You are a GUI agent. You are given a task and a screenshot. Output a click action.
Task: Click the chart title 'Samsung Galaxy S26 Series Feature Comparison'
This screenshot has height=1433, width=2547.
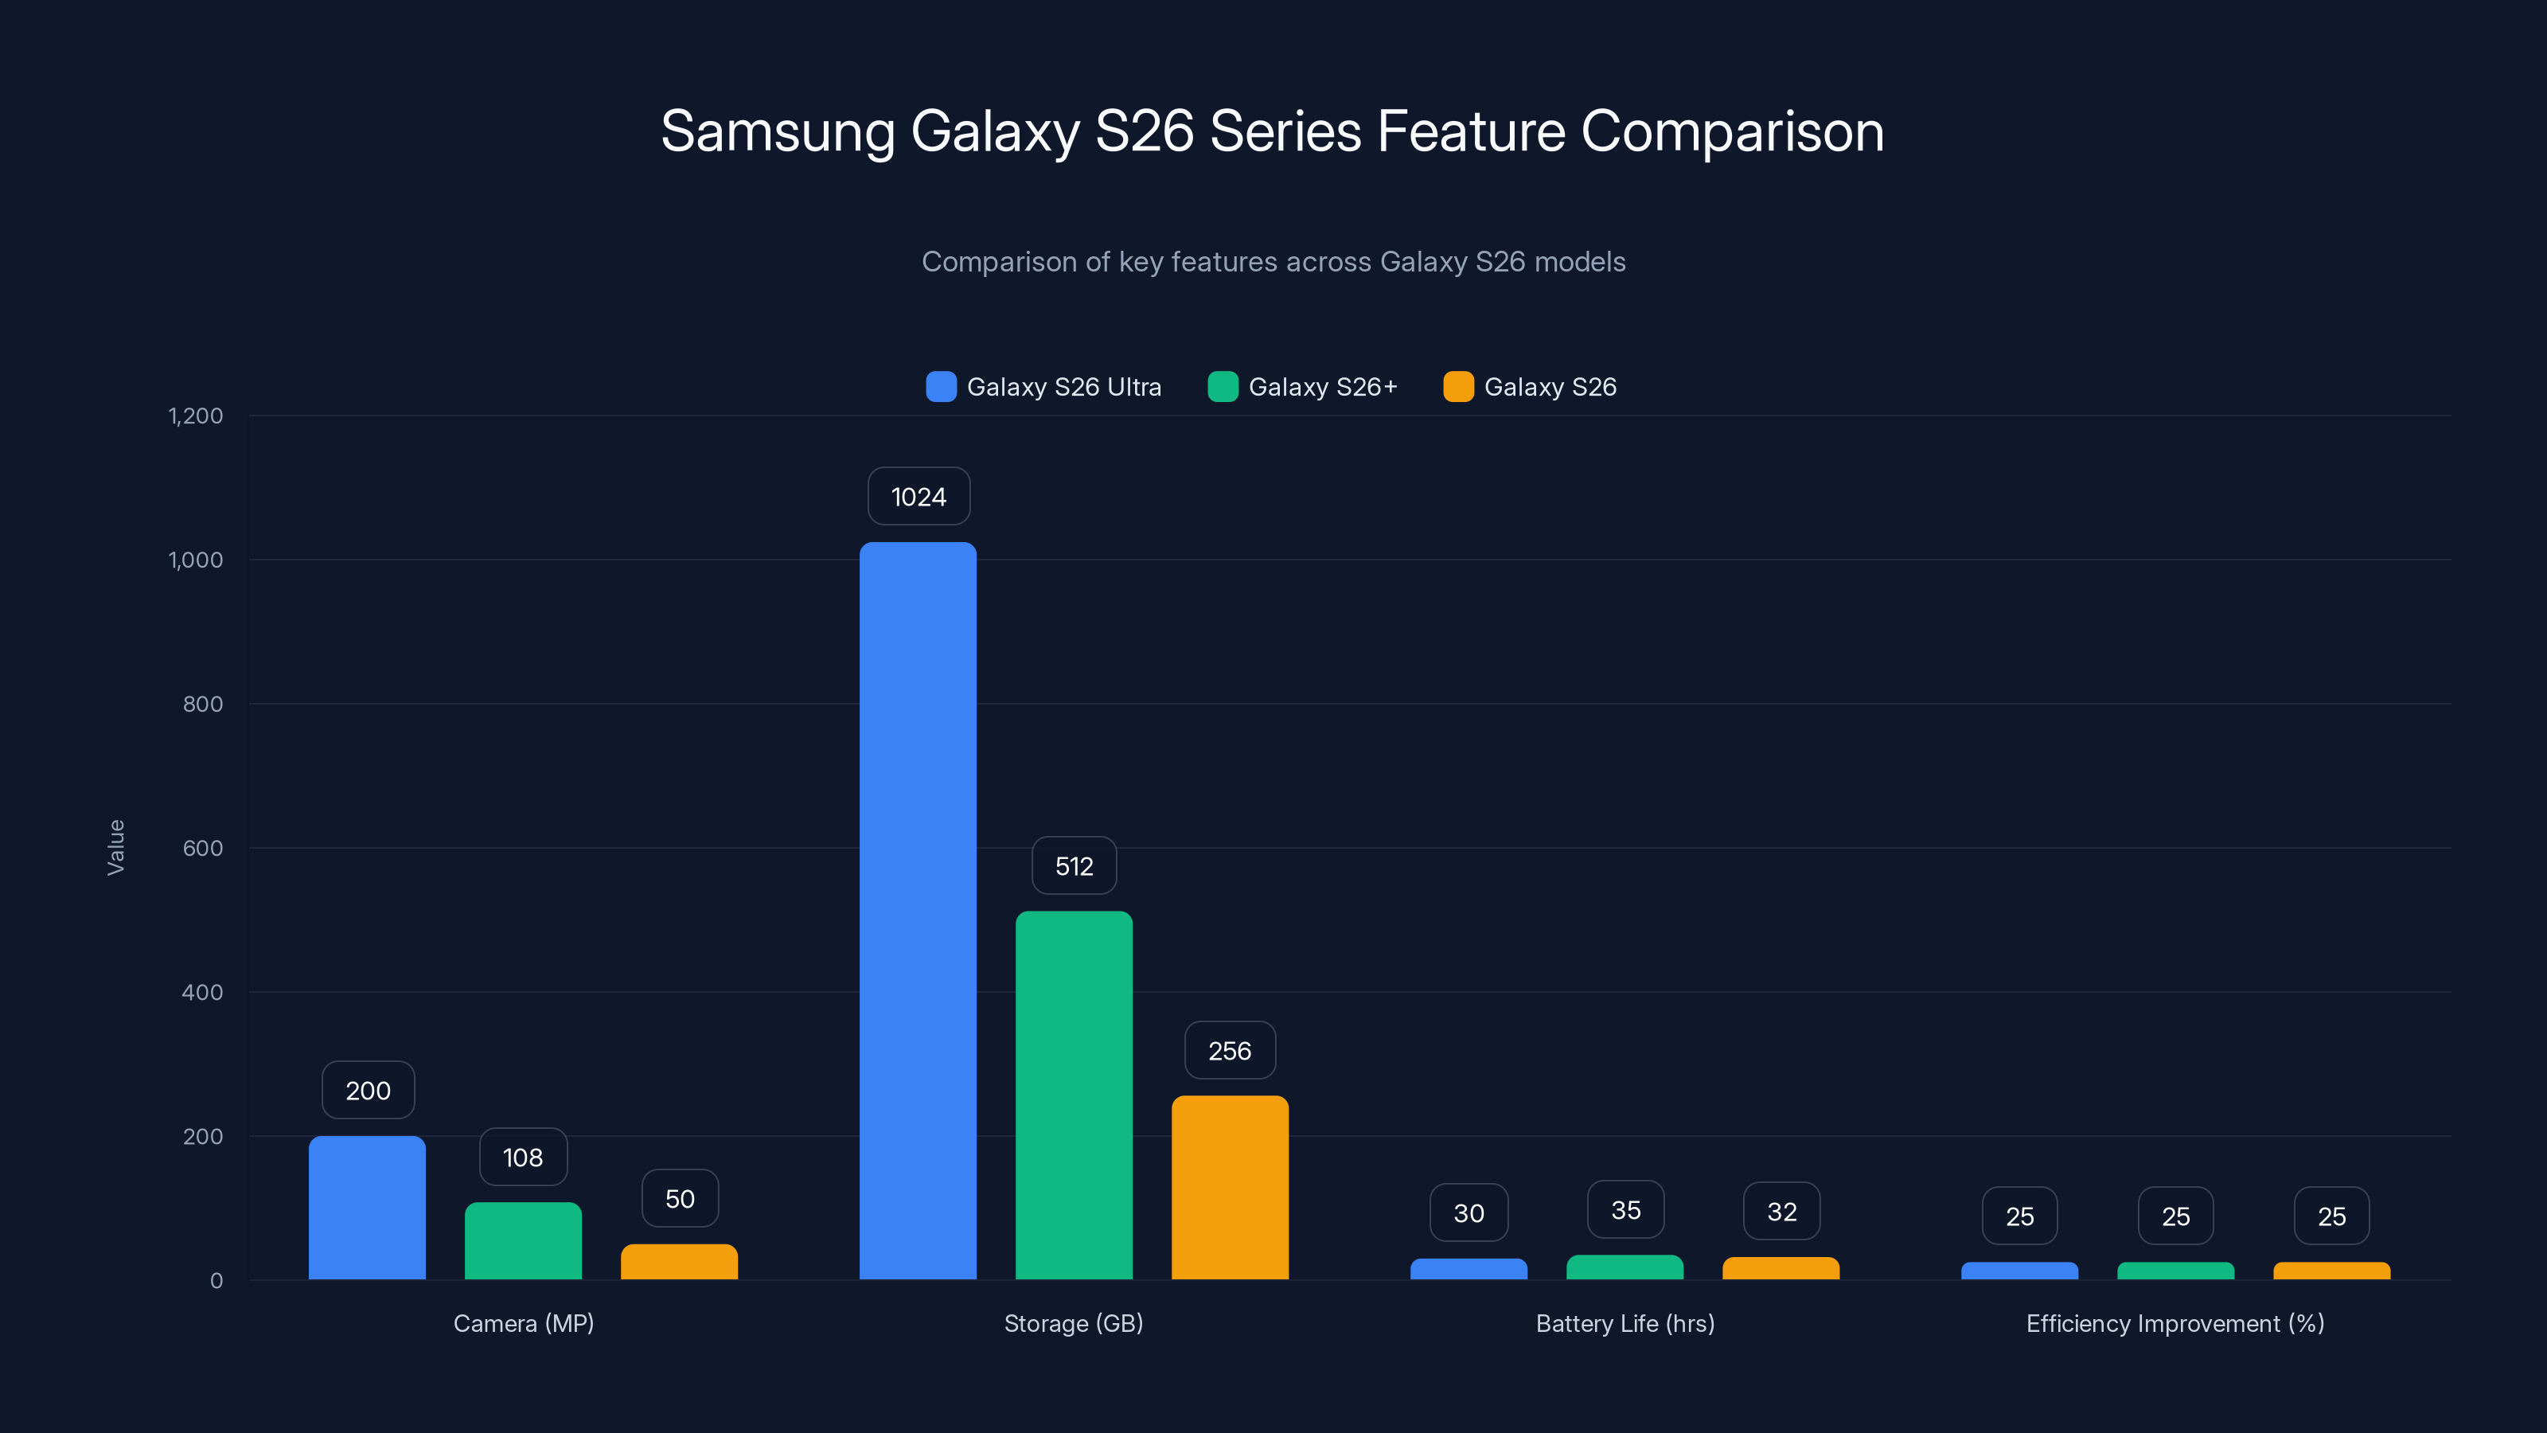1273,131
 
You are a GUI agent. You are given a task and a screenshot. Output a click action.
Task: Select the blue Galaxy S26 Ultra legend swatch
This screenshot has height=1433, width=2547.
940,387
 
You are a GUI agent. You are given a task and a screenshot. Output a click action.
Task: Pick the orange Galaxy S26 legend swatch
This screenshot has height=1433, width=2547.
1457,387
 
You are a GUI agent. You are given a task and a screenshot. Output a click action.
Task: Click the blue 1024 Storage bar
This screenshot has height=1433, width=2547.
918,910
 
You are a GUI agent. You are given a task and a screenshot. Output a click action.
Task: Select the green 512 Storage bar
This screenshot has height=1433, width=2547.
1074,1095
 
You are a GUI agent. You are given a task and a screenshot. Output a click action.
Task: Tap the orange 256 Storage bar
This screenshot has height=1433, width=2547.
1230,1187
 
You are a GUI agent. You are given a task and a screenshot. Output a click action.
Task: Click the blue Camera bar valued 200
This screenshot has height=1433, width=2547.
367,1208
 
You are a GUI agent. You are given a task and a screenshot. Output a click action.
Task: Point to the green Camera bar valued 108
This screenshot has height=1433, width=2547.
523,1240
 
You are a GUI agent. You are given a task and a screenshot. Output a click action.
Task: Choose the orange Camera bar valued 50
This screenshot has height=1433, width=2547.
679,1262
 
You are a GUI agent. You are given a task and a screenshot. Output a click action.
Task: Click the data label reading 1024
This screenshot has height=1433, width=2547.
919,497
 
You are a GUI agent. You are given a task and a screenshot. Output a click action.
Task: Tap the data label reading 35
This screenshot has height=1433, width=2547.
1625,1209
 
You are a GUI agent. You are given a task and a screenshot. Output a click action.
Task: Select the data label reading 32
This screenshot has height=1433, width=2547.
1782,1212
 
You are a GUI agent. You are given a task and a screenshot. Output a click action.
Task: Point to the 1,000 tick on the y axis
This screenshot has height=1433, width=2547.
196,560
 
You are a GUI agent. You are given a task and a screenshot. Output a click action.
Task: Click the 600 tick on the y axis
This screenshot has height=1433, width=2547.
203,848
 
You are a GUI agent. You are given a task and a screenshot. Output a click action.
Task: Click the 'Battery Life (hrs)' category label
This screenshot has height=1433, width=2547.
1625,1323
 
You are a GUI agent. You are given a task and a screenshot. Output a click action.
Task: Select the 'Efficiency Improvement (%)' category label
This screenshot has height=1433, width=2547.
2175,1323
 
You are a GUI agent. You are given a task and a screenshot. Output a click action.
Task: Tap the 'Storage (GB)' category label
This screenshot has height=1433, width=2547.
1074,1323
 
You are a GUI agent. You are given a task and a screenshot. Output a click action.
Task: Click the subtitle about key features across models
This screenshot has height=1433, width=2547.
1273,262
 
